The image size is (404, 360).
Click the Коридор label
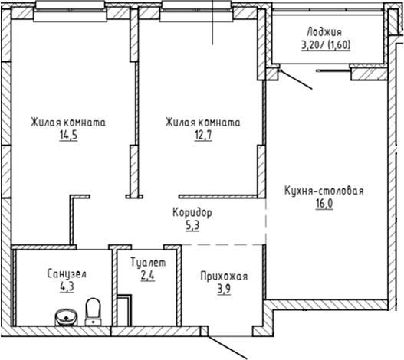(192, 212)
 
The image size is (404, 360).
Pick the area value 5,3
(192, 225)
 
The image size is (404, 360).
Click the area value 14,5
(68, 135)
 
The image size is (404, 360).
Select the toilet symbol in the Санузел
(94, 310)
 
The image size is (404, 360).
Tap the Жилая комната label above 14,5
(68, 122)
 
